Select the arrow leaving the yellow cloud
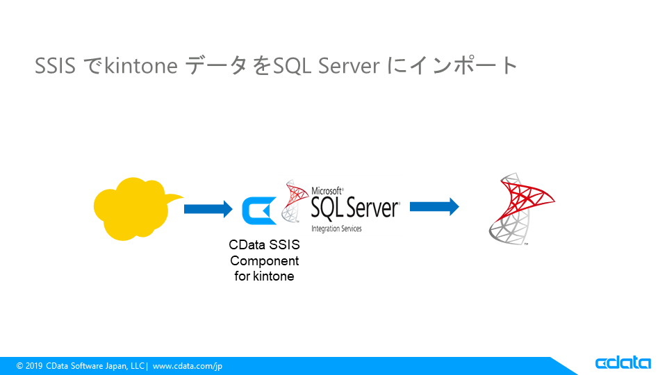[208, 208]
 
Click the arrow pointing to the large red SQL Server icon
[434, 206]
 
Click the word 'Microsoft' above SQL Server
[327, 190]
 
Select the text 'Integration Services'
[336, 228]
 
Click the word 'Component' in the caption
[264, 261]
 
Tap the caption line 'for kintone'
[264, 276]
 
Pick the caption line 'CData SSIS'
[264, 246]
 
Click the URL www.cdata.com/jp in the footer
[188, 365]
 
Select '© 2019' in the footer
[30, 365]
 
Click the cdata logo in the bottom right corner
[623, 363]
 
